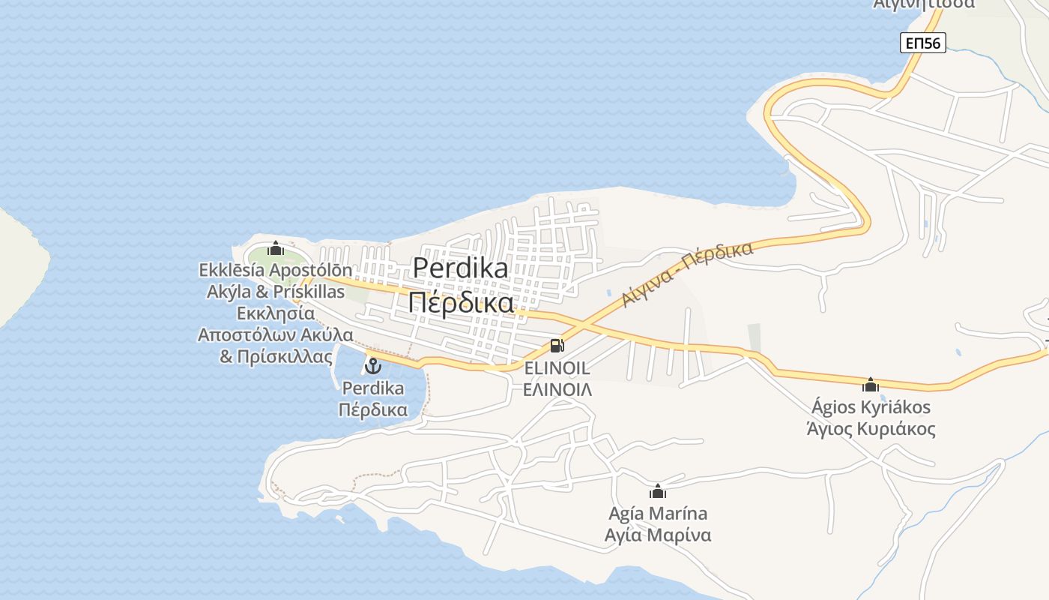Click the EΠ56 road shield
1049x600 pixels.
pos(922,43)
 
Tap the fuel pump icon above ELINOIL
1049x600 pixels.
pos(557,346)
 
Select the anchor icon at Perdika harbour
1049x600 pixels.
pos(372,366)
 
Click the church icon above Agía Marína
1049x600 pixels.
pos(658,491)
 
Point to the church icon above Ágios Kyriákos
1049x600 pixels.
pos(871,385)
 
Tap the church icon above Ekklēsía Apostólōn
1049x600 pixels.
pos(276,248)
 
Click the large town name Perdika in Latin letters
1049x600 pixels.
pos(460,268)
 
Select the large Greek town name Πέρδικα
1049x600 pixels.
pos(462,302)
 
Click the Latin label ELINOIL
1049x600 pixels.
pos(557,368)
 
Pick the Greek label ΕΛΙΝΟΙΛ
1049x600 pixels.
pos(557,389)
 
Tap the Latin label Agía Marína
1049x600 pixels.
pos(658,514)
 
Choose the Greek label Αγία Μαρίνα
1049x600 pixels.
pos(658,535)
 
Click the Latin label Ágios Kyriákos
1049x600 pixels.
pos(871,407)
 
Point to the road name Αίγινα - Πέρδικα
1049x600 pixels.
pos(687,274)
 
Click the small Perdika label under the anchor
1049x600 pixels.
pos(372,388)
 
